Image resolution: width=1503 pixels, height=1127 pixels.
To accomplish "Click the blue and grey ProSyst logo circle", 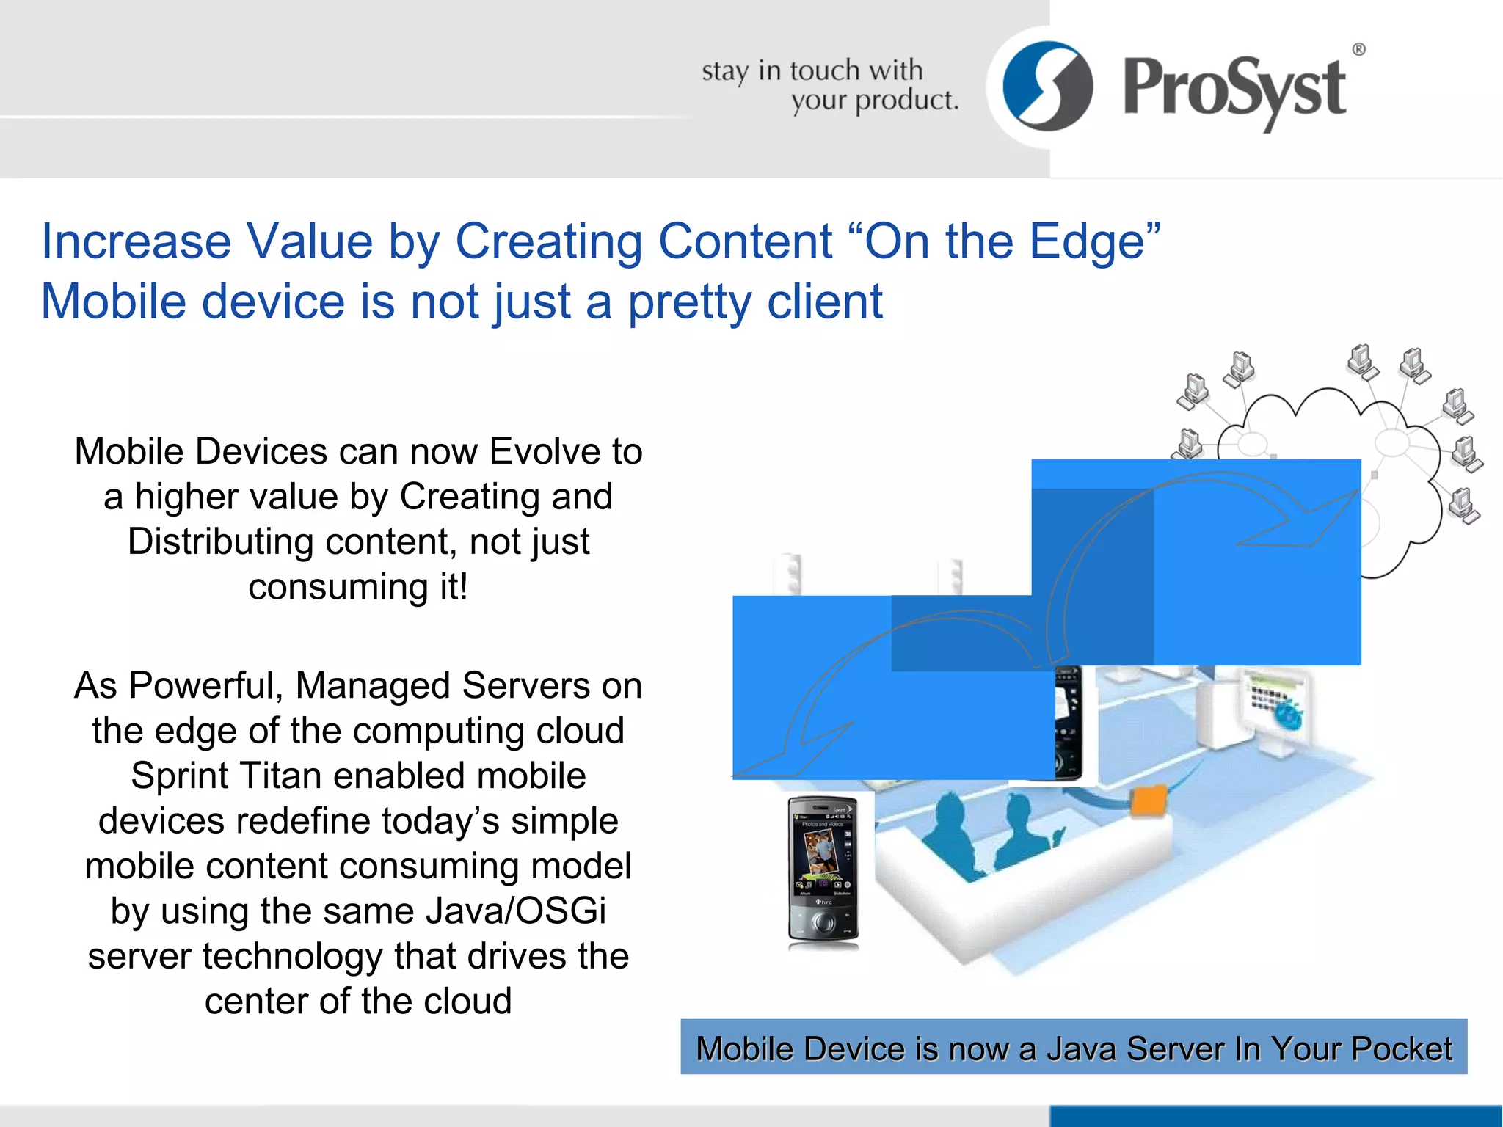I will (x=1047, y=86).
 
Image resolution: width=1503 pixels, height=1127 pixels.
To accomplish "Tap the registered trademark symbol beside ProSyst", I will (x=1358, y=50).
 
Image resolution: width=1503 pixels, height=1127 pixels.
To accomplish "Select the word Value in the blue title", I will (x=309, y=241).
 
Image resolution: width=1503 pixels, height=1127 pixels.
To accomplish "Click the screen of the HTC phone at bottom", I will (x=822, y=853).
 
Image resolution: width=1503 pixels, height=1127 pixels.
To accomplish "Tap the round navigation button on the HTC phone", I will (x=823, y=922).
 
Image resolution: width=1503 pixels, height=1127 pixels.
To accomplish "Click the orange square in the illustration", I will (x=1149, y=800).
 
